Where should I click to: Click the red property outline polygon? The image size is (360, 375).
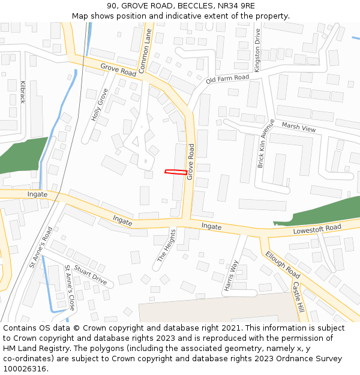coord(175,173)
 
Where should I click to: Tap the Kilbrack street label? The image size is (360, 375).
coord(23,92)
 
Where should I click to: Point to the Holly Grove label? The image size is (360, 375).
coord(99,105)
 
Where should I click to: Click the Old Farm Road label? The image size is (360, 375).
coord(227,79)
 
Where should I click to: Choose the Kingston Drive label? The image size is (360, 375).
coord(257,50)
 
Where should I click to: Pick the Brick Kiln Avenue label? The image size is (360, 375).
coord(265,143)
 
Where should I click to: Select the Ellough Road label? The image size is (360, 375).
coord(282,264)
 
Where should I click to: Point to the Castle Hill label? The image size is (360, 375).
coord(298,298)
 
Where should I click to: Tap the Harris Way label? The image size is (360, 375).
coord(232,275)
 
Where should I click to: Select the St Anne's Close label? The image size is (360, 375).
coord(70,287)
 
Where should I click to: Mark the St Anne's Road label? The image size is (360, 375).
coord(41,247)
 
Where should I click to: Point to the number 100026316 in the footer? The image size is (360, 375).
coord(25,368)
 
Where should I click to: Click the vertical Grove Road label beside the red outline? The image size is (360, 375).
coord(191,161)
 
